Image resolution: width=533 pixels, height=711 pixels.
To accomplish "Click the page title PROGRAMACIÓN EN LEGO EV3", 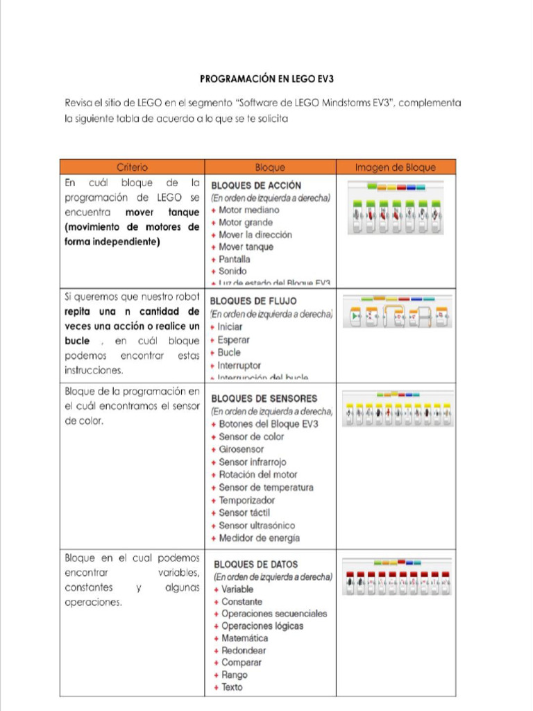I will pyautogui.click(x=267, y=78).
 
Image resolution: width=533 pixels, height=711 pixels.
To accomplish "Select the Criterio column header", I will pyautogui.click(x=132, y=167).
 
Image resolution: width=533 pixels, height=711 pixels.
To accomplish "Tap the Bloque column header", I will pyautogui.click(x=270, y=167).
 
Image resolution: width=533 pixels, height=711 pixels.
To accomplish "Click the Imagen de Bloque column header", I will pyautogui.click(x=396, y=167).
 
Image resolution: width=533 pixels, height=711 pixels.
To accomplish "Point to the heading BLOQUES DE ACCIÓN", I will pyautogui.click(x=256, y=185).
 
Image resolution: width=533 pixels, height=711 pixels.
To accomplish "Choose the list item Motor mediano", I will pyautogui.click(x=248, y=210).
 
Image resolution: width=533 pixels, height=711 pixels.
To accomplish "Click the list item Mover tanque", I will pyautogui.click(x=246, y=246).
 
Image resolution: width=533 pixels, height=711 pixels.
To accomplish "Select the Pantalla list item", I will pyautogui.click(x=235, y=259).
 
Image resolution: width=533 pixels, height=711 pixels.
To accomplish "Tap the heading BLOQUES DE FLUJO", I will pyautogui.click(x=253, y=301).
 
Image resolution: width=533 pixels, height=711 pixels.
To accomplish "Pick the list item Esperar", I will pyautogui.click(x=233, y=340).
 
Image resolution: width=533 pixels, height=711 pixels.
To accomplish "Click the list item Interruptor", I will pyautogui.click(x=239, y=365).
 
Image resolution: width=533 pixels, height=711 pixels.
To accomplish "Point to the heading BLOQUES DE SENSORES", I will pyautogui.click(x=264, y=399).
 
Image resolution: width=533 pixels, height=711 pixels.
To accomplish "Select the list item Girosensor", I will pyautogui.click(x=241, y=449).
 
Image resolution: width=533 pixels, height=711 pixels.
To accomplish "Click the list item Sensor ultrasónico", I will pyautogui.click(x=257, y=526).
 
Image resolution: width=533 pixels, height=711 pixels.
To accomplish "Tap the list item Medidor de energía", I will pyautogui.click(x=259, y=538).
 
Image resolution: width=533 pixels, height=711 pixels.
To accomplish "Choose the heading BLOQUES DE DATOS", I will pyautogui.click(x=255, y=564).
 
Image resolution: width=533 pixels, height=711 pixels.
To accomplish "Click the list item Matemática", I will pyautogui.click(x=244, y=638).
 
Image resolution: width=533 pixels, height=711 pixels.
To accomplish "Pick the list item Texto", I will pyautogui.click(x=232, y=687).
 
